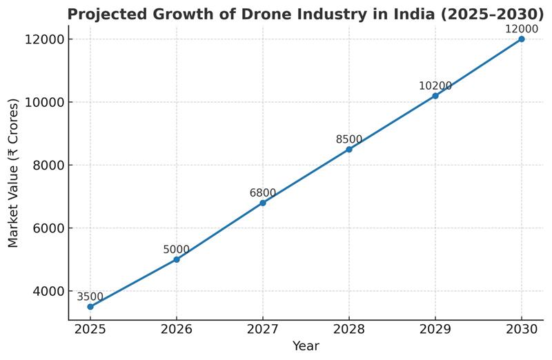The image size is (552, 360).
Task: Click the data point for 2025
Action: point(90,306)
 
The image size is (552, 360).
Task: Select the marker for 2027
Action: point(263,203)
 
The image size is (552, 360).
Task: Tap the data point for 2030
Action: point(522,39)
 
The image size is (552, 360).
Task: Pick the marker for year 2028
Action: point(349,149)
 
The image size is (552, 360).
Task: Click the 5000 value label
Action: point(177,250)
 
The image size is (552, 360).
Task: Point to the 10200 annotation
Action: point(435,86)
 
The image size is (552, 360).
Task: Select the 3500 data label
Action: point(90,297)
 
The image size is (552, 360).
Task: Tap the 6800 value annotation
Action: point(263,193)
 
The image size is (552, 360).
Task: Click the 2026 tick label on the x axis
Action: point(177,330)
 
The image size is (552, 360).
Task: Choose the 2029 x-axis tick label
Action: point(435,330)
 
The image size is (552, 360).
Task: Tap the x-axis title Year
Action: point(306,346)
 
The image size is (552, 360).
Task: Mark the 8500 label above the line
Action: point(349,139)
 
